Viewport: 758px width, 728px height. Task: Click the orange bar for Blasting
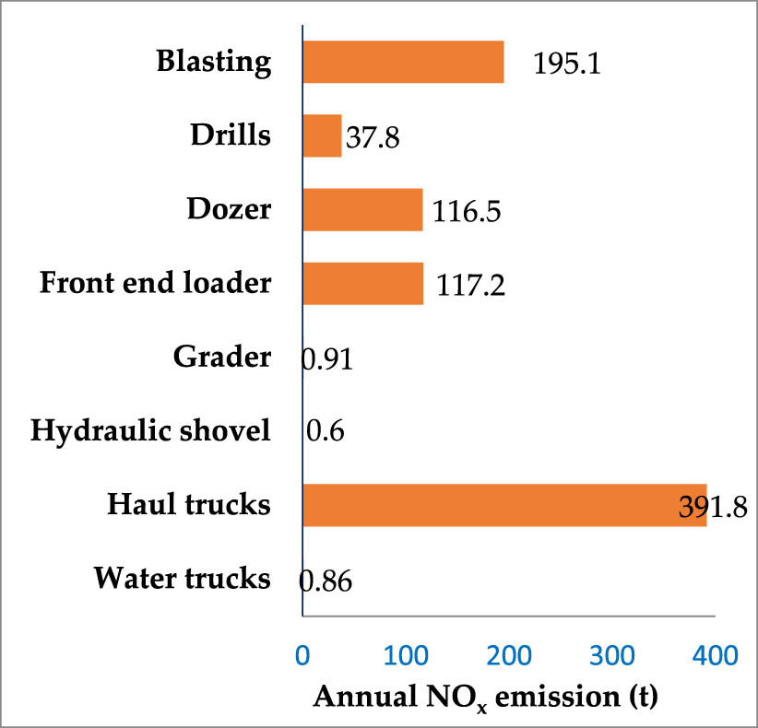click(x=403, y=63)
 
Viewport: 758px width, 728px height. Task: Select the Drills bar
click(x=322, y=136)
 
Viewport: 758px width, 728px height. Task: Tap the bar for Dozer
click(x=362, y=210)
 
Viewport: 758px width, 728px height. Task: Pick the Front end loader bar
click(x=362, y=283)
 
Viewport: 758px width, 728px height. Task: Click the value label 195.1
click(x=567, y=65)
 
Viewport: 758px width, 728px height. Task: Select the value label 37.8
click(x=373, y=139)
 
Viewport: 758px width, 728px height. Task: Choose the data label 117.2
click(x=466, y=286)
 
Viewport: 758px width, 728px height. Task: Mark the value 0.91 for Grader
click(x=327, y=358)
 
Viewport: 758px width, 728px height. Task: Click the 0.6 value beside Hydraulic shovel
click(x=325, y=432)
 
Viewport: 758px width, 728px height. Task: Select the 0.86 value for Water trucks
click(x=326, y=581)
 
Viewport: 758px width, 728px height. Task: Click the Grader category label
click(x=222, y=357)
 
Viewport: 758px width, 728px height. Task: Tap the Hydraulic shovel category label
click(x=149, y=430)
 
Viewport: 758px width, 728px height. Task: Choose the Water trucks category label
click(x=183, y=579)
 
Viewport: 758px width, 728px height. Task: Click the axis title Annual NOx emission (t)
click(x=486, y=697)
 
